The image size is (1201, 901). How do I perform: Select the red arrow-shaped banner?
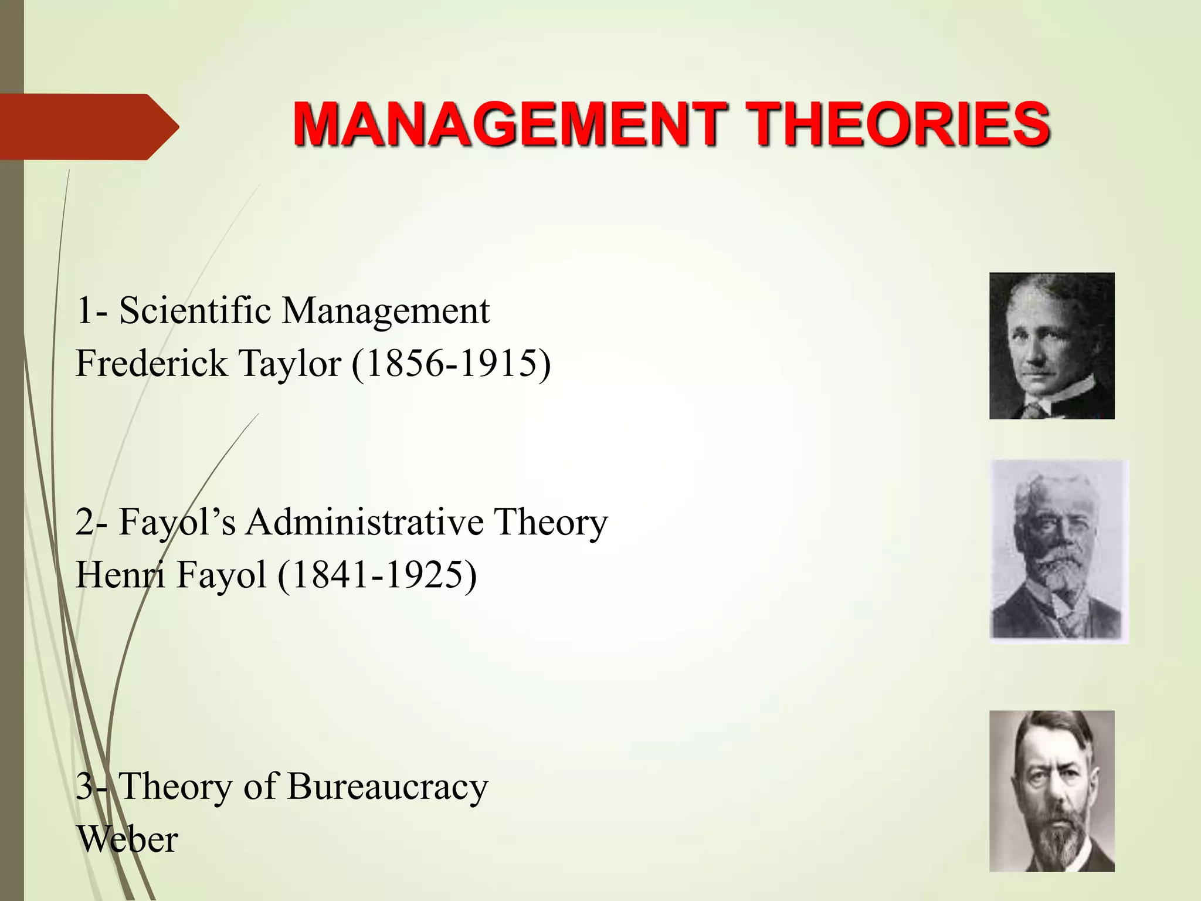tap(88, 127)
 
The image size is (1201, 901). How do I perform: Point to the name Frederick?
tap(151, 363)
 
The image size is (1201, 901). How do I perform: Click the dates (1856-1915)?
tap(452, 363)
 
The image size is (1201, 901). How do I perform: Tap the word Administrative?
tap(364, 521)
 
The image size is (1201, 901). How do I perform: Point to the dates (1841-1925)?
tap(377, 574)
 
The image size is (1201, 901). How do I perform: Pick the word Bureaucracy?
tap(388, 787)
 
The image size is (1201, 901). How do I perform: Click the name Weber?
tap(127, 839)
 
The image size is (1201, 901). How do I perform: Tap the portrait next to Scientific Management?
tap(1051, 346)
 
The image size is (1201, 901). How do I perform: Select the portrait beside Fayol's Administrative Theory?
tap(1058, 551)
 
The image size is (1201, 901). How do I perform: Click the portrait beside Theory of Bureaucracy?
tap(1051, 791)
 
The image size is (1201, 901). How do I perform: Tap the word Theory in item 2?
tap(550, 521)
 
